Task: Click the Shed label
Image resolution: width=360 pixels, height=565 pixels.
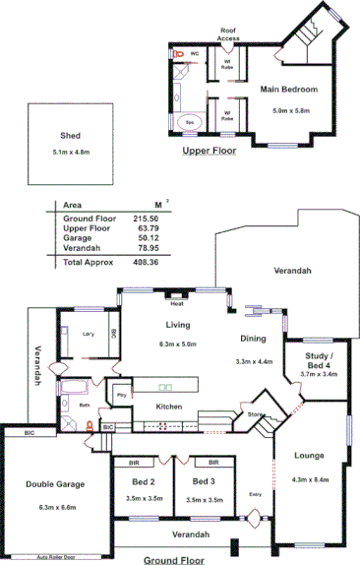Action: coord(70,136)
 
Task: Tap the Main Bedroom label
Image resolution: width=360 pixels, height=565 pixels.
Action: coord(289,90)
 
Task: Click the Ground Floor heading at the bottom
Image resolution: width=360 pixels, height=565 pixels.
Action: coord(173,559)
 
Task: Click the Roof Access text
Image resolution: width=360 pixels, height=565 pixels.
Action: coord(228,34)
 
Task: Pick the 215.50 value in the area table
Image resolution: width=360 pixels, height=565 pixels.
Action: coord(147,218)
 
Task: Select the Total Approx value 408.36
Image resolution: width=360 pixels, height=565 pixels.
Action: coord(147,262)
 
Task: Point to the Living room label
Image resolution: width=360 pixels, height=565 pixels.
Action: coord(178,325)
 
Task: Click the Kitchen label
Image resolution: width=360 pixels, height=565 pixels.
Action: coord(169,407)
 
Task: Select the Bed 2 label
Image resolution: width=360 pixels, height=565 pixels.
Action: coord(145,481)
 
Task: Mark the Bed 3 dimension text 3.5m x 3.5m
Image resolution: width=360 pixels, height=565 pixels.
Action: coord(204,500)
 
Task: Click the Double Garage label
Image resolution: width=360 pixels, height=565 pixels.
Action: coord(55,484)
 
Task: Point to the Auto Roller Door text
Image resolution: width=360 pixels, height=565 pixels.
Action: coord(57,556)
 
